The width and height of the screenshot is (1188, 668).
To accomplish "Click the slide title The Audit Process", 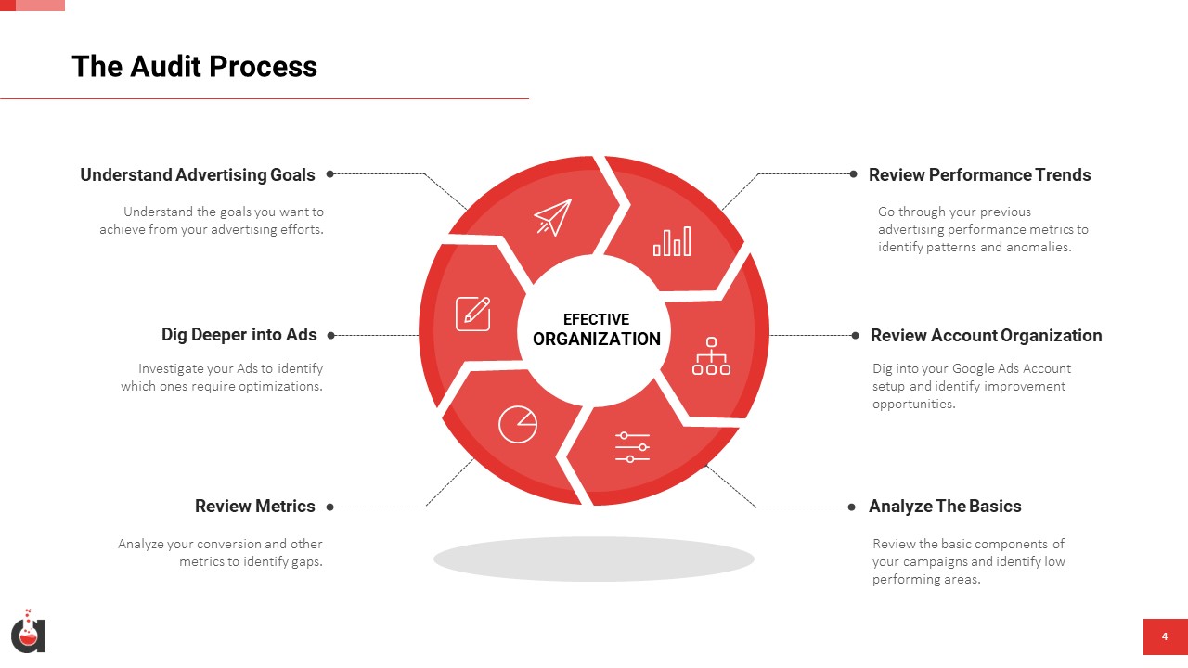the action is [x=195, y=67].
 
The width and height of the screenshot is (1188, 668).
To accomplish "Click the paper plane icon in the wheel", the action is [x=553, y=217].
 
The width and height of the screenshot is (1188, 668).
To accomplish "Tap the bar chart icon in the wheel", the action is [x=672, y=241].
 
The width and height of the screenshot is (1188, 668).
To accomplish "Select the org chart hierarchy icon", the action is [x=711, y=356].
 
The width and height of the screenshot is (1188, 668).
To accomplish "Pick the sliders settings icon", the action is [x=632, y=447].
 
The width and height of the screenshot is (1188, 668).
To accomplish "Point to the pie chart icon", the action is [x=518, y=424].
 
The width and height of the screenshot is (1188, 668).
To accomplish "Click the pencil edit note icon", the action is [x=473, y=314].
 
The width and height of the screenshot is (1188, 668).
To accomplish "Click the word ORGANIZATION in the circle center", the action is [x=597, y=340].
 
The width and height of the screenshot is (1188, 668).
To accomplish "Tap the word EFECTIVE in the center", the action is [x=596, y=319].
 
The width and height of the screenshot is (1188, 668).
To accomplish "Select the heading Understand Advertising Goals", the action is [x=198, y=175].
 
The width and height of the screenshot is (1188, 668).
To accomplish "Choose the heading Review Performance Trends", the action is [x=979, y=175].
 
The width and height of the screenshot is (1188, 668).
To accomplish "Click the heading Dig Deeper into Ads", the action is [x=239, y=335].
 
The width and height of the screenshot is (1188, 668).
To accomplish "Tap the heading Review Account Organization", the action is [x=987, y=336].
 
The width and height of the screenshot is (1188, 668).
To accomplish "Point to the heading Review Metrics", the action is [x=255, y=507].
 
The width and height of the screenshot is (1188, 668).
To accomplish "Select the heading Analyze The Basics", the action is [x=945, y=507].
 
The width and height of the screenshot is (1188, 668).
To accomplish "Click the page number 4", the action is [x=1165, y=636].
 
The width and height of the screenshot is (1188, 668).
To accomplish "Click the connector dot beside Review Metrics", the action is [x=329, y=507].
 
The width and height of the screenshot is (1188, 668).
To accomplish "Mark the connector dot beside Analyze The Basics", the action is [x=852, y=507].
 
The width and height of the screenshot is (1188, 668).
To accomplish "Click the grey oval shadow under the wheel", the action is [x=594, y=559].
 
